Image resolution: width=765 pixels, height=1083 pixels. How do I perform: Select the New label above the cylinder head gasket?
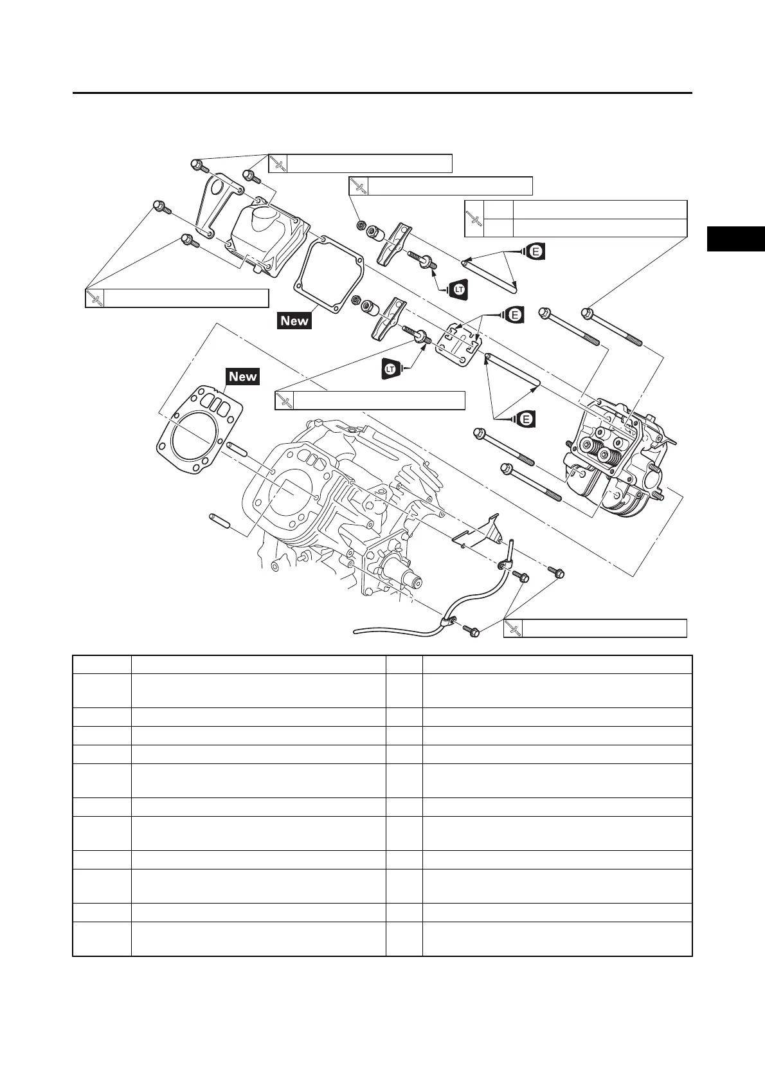(242, 376)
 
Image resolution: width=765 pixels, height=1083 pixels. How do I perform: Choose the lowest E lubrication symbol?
(526, 419)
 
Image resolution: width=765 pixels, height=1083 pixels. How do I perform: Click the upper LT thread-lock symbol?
(459, 290)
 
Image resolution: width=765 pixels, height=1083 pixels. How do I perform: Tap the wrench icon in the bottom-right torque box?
(513, 628)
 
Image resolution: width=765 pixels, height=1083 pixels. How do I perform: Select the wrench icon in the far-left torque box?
(94, 298)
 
